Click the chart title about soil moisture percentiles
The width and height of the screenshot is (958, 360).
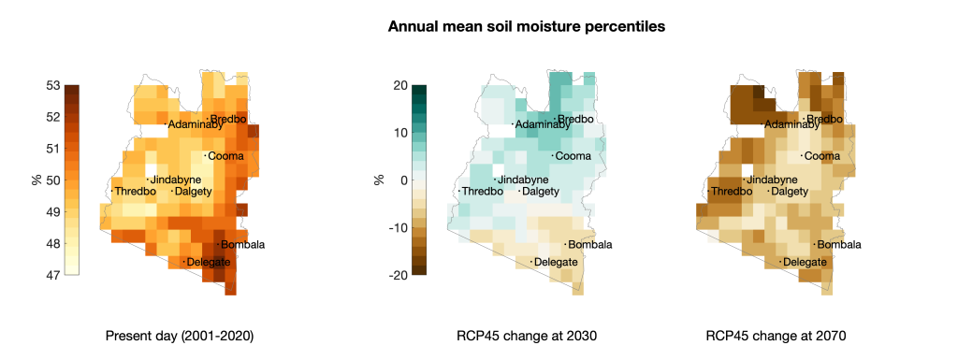coord(527,27)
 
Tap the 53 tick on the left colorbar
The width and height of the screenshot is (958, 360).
coord(53,85)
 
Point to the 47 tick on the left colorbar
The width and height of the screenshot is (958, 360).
coord(53,275)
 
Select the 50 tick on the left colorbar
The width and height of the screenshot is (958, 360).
coord(53,180)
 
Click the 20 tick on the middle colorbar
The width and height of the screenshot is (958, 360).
coord(400,85)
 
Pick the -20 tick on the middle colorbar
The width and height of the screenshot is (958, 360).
coord(399,275)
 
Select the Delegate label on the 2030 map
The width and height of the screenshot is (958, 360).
coord(555,263)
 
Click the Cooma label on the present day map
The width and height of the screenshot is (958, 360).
coord(225,156)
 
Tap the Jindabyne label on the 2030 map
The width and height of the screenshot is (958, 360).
coord(519,180)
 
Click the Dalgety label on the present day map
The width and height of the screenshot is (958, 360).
coord(193,192)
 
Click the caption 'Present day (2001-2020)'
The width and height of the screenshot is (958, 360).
coord(180,337)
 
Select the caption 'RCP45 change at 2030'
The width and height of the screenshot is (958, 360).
coord(527,337)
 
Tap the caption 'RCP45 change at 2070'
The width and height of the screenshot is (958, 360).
coord(776,337)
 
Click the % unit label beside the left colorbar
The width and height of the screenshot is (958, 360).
coord(36,180)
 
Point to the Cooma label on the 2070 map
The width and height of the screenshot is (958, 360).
coord(821,156)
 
